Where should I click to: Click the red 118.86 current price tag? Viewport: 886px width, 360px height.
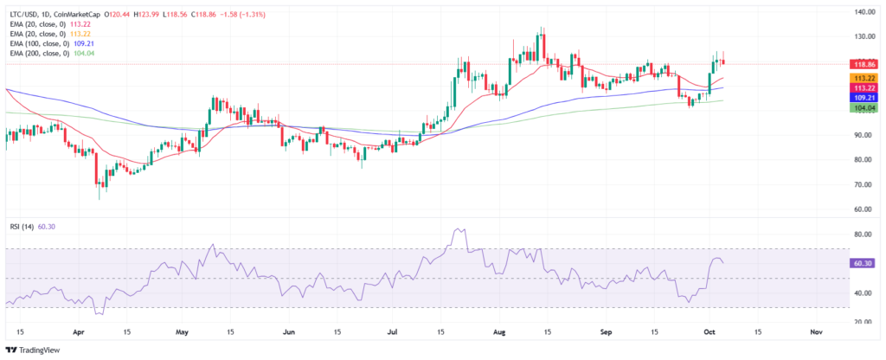[x=864, y=64]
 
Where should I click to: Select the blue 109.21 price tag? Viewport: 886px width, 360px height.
[x=864, y=99]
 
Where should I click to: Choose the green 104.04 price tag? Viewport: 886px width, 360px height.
[x=864, y=109]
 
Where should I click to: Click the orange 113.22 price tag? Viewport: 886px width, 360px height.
[x=864, y=78]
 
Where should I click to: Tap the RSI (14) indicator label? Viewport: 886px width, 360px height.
[x=22, y=228]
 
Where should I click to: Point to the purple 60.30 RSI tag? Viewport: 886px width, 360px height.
[x=864, y=263]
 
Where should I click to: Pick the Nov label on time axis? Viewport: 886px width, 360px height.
[x=816, y=331]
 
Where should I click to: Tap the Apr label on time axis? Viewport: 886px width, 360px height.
[x=80, y=331]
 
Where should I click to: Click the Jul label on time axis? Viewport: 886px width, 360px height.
[x=394, y=331]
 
